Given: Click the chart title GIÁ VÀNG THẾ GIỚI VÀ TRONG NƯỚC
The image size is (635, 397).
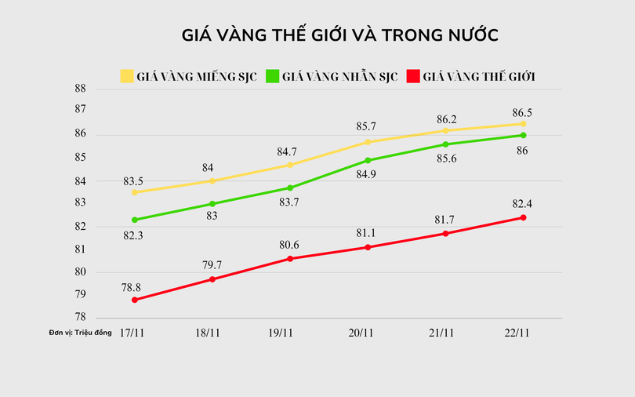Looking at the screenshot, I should click(x=340, y=36).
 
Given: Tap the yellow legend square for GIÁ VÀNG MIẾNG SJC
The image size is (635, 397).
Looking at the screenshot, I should click(x=126, y=76).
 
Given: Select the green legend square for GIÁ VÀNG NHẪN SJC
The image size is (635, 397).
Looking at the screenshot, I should click(x=273, y=76).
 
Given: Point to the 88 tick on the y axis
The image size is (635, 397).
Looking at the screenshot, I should click(x=79, y=89).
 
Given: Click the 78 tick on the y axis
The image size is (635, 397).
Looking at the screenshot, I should click(x=79, y=317).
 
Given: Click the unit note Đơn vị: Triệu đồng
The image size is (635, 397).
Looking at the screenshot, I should click(x=80, y=333).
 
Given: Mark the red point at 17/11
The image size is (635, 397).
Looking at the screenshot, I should click(x=135, y=300).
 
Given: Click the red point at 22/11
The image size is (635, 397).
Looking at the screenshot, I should click(x=523, y=217).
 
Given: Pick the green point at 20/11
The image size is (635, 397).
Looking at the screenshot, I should click(x=368, y=160).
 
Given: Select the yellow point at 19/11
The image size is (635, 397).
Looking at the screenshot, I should click(x=290, y=165).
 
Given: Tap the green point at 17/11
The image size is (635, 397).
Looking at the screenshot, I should click(x=135, y=220).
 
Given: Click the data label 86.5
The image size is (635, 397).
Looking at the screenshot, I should click(x=521, y=112).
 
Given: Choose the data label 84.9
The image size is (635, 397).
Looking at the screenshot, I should click(x=368, y=174).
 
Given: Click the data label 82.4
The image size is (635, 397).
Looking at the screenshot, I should click(x=521, y=204).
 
